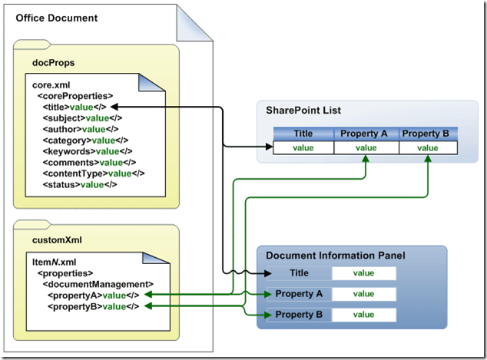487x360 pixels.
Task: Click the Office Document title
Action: [x=57, y=17]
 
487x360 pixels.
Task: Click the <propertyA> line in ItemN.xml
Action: [x=92, y=295]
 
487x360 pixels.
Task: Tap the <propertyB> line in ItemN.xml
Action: [x=92, y=306]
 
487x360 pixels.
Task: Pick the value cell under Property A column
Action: [x=366, y=148]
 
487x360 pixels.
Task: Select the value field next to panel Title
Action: [x=363, y=272]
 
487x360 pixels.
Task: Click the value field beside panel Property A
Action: [x=363, y=293]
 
